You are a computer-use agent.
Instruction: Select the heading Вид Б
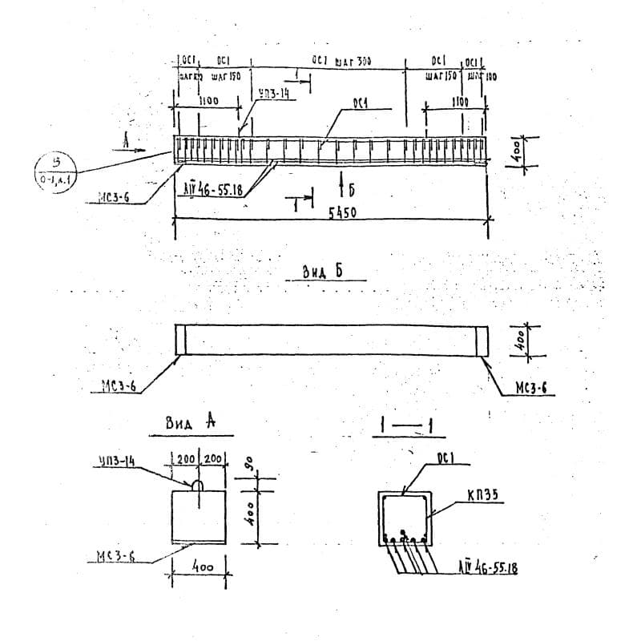(322, 272)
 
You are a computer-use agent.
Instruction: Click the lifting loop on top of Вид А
(197, 485)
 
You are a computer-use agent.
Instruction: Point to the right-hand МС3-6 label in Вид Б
(530, 389)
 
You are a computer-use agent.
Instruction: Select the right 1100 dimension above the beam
(459, 103)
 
